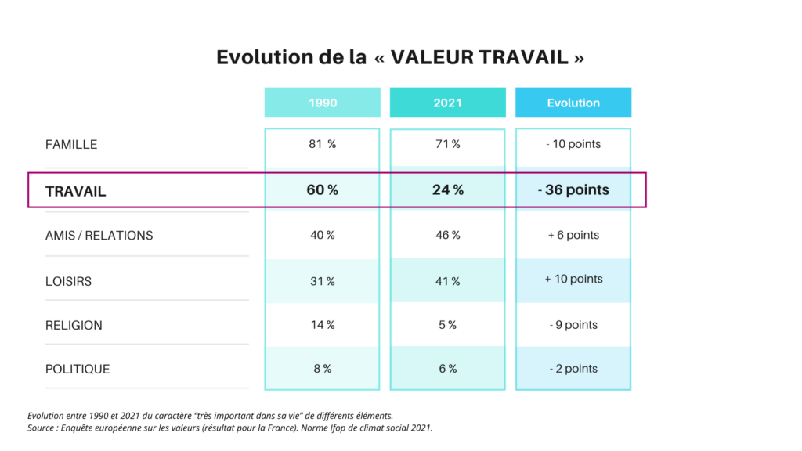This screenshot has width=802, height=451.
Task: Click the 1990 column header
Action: [x=322, y=103]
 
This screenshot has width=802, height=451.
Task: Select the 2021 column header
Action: [x=447, y=103]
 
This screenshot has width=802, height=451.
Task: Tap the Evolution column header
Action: [x=573, y=103]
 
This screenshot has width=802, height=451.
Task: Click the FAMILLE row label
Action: [x=71, y=145]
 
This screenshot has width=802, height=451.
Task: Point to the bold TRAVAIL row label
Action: [x=76, y=191]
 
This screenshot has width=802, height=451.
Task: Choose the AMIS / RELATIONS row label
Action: [x=99, y=236]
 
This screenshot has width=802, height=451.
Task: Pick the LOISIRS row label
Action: [x=69, y=281]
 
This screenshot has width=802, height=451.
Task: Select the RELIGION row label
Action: [x=74, y=325]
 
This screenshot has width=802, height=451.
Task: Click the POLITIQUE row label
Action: [x=78, y=369]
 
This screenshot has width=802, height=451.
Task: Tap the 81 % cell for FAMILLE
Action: [x=322, y=145]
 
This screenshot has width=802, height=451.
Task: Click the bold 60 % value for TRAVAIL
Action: [x=322, y=190]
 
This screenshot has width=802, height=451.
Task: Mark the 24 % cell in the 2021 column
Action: [x=447, y=190]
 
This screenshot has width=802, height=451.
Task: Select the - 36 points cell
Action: [x=573, y=190]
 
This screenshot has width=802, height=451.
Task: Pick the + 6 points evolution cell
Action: [x=573, y=235]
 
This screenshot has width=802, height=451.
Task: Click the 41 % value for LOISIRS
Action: [x=447, y=281]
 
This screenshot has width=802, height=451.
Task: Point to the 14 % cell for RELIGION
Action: [x=322, y=325]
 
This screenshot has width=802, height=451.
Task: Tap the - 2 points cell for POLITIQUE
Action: [x=573, y=369]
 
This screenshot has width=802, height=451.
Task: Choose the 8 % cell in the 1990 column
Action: [x=322, y=369]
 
